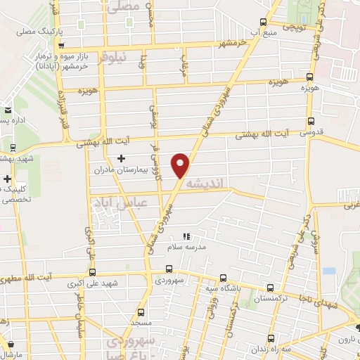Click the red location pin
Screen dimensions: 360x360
point(183,165)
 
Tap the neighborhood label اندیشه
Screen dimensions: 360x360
point(210,183)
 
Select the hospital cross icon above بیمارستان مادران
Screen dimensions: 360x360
point(122,158)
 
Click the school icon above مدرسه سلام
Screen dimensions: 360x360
point(186,237)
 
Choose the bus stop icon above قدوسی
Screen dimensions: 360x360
point(311,120)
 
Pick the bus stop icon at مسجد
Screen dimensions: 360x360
point(141,311)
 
